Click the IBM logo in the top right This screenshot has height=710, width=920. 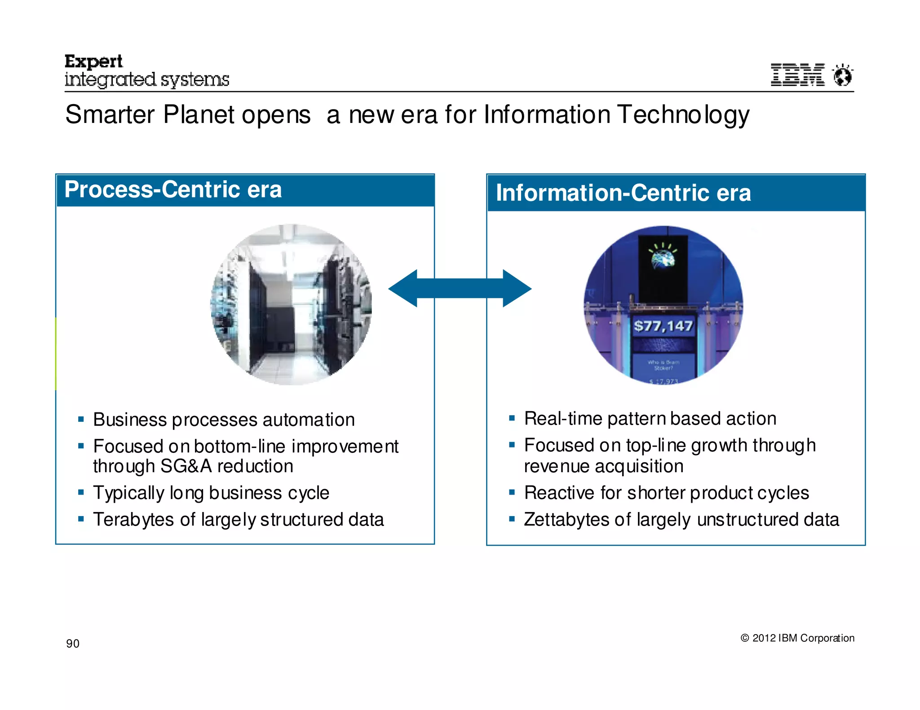pyautogui.click(x=797, y=75)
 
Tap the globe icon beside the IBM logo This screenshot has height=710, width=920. pyautogui.click(x=842, y=75)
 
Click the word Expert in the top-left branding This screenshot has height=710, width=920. pyautogui.click(x=93, y=61)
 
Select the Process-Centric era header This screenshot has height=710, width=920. pyautogui.click(x=173, y=189)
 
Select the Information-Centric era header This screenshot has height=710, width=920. pyautogui.click(x=623, y=193)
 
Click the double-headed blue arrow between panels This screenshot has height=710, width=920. pyautogui.click(x=460, y=289)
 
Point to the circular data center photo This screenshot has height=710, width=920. pyautogui.click(x=291, y=304)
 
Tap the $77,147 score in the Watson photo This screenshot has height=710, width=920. pyautogui.click(x=663, y=326)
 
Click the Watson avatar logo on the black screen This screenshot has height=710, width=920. pyautogui.click(x=663, y=257)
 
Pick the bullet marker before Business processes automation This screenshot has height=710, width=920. pyautogui.click(x=81, y=420)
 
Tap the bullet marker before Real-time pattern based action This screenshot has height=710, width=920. pyautogui.click(x=512, y=418)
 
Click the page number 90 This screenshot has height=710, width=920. pyautogui.click(x=73, y=644)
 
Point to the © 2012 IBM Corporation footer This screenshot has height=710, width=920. pyautogui.click(x=797, y=638)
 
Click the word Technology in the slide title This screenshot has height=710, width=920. pyautogui.click(x=683, y=115)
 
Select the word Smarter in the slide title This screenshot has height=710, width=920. pyautogui.click(x=110, y=115)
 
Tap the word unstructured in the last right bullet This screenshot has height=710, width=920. pyautogui.click(x=747, y=520)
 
